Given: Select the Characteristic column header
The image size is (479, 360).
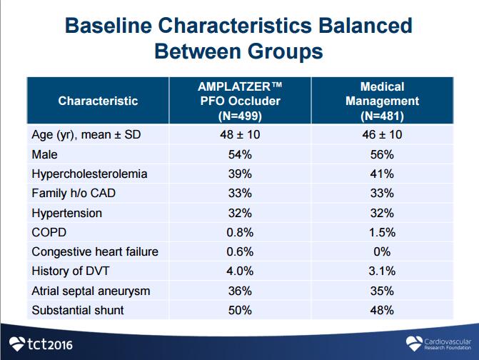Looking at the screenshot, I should coord(98,101).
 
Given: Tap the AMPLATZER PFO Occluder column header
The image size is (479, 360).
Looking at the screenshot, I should coord(239,101).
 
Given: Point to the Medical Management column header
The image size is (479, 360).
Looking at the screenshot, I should coord(382,101).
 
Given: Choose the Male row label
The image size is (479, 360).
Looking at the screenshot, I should coord(44,154).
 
